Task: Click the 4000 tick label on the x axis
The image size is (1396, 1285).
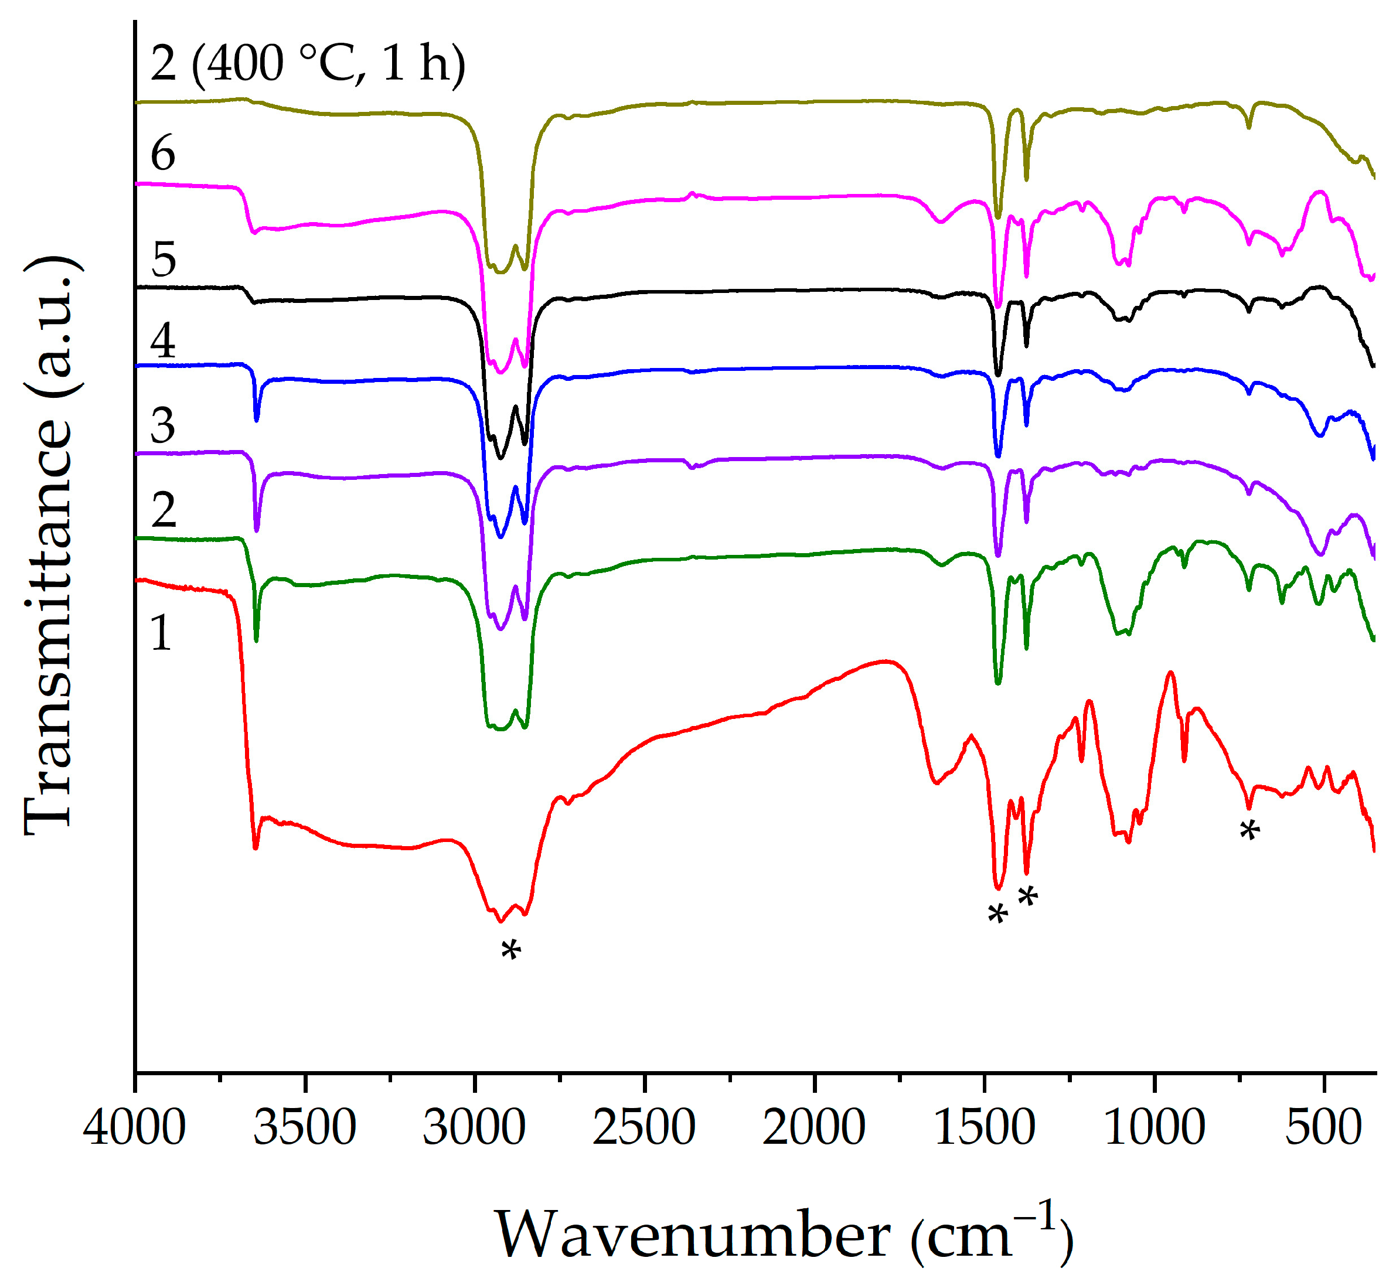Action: (x=134, y=1127)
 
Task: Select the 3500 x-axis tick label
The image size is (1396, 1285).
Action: (x=305, y=1127)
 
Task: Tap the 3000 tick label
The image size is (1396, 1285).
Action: (x=474, y=1127)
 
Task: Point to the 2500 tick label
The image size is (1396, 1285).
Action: (x=644, y=1127)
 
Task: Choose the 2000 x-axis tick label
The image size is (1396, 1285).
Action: (x=814, y=1127)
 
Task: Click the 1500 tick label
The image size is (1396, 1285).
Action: (x=984, y=1127)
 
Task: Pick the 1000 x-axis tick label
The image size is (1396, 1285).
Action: (x=1155, y=1127)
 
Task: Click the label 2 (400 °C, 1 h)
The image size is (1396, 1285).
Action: (x=308, y=64)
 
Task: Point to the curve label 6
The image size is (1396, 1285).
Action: (x=163, y=154)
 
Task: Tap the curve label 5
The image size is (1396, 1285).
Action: (x=164, y=260)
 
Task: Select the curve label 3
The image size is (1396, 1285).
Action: (x=163, y=425)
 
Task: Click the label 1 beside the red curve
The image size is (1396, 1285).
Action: (x=161, y=633)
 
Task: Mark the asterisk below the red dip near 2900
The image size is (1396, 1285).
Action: (x=511, y=950)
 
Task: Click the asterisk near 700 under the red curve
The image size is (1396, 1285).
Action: (x=1250, y=830)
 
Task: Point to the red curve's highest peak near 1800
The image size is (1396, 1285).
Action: (x=885, y=662)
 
